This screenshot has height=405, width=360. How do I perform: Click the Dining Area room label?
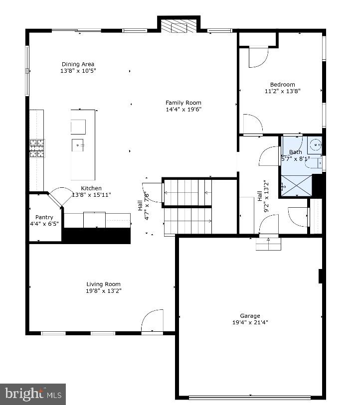tap(78, 64)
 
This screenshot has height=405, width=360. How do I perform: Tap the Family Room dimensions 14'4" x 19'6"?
tap(183, 109)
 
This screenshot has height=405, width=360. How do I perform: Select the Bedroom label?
tap(283, 85)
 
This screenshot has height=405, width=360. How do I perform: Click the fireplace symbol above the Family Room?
tap(179, 27)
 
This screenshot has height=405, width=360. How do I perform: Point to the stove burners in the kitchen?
tap(36, 148)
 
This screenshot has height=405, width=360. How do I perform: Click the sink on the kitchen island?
tap(78, 145)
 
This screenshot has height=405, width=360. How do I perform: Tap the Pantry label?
tap(44, 217)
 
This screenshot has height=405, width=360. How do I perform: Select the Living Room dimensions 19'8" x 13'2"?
tap(103, 291)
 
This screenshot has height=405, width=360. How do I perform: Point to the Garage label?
tap(250, 316)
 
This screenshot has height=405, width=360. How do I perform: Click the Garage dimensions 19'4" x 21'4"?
tap(250, 322)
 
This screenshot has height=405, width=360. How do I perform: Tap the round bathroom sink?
tap(315, 145)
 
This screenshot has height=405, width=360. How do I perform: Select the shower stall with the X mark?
tap(296, 186)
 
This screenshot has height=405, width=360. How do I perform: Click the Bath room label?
tap(296, 152)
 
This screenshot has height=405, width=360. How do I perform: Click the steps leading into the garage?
tap(269, 244)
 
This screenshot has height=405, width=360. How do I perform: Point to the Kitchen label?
tap(91, 188)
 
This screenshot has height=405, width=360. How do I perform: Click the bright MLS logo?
tap(33, 394)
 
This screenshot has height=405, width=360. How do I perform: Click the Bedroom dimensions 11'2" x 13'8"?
tap(283, 91)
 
